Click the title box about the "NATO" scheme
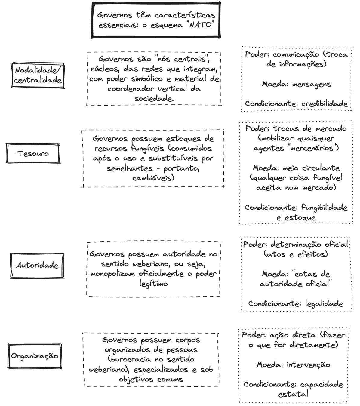click(x=156, y=20)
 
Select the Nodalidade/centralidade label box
click(x=38, y=75)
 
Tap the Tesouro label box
click(x=33, y=153)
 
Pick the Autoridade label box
click(x=37, y=265)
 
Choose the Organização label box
click(x=35, y=356)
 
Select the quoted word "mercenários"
click(x=313, y=148)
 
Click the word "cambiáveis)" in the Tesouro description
click(x=153, y=178)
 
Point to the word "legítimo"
click(x=153, y=284)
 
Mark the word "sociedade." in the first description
click(x=154, y=99)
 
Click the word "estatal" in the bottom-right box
click(x=293, y=394)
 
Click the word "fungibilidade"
click(x=324, y=208)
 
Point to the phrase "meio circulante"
click(x=311, y=168)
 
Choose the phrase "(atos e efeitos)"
click(x=295, y=254)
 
